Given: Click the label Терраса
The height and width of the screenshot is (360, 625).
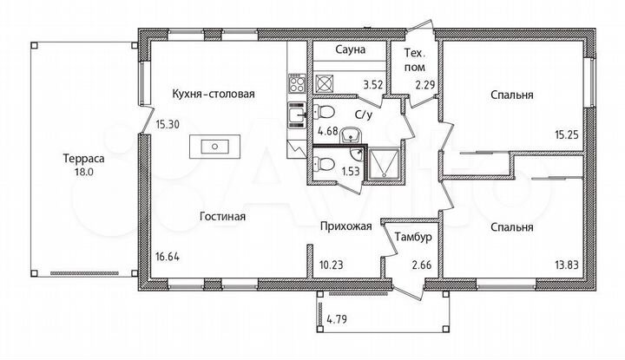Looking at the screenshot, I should [83, 159].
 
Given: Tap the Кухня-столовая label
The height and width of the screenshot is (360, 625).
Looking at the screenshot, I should [202, 95].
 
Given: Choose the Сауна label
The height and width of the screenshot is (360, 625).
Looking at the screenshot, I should [348, 51].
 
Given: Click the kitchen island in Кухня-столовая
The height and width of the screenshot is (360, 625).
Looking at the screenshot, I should [212, 147].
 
